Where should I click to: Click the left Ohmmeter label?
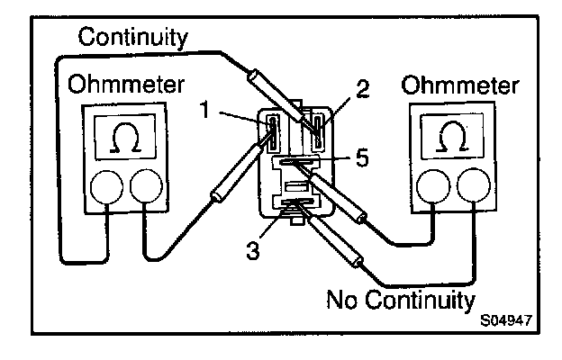click(x=126, y=85)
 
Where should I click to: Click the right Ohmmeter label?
click(x=460, y=86)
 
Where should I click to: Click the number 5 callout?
click(x=361, y=157)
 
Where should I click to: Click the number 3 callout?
click(x=255, y=250)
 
